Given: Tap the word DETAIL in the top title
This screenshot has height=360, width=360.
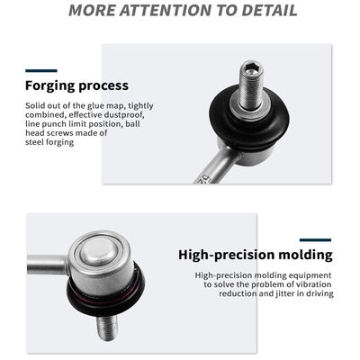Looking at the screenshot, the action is click(x=269, y=10).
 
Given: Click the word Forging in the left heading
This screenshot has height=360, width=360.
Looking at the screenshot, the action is click(x=50, y=86).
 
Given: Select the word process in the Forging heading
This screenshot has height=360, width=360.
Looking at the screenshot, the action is click(x=103, y=86).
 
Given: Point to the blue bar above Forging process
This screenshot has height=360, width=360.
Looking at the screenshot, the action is click(x=41, y=71).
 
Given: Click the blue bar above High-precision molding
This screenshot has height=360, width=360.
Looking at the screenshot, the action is click(x=315, y=240).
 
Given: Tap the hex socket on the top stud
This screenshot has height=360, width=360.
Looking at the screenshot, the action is click(x=251, y=68).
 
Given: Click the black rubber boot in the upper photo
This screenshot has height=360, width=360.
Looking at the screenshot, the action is click(x=249, y=120).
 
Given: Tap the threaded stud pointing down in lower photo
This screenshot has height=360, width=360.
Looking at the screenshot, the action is click(x=107, y=328).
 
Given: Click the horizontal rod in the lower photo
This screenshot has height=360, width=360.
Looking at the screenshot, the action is click(x=48, y=265).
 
